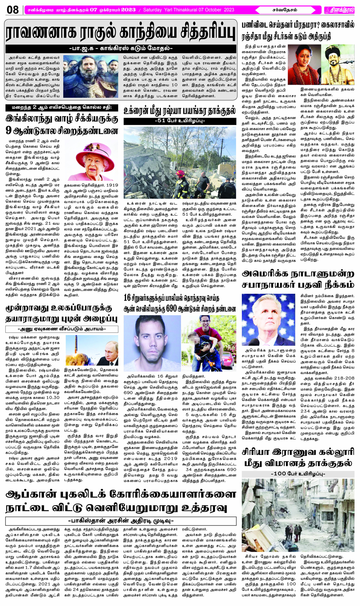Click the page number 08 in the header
click(x=13, y=10)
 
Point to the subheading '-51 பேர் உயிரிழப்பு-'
click(x=180, y=121)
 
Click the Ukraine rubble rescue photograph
click(x=180, y=162)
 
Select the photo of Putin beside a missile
click(x=92, y=351)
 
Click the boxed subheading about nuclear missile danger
click(x=62, y=329)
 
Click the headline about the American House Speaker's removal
click(x=298, y=280)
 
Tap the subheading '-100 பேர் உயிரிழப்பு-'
click(x=298, y=474)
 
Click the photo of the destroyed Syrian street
click(x=298, y=515)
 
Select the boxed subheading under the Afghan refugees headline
click(x=121, y=521)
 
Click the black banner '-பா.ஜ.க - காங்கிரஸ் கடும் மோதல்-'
click(x=121, y=48)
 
